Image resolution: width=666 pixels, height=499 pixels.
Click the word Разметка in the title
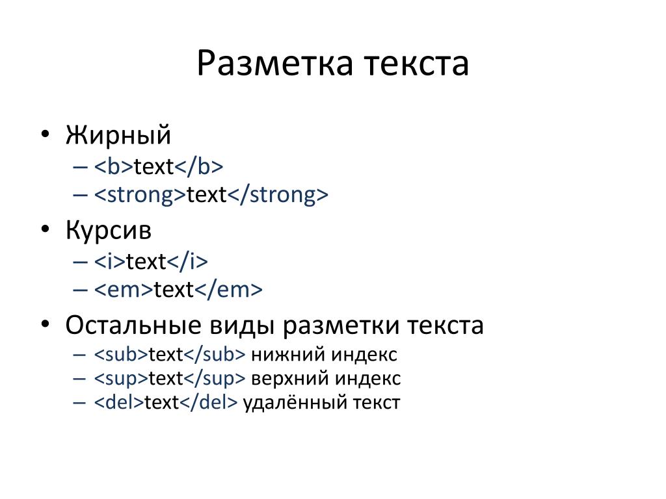click(x=275, y=64)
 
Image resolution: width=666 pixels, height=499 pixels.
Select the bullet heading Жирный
click(x=118, y=136)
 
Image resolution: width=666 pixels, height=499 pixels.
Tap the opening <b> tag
click(x=114, y=166)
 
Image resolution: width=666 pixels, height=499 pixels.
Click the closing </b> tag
click(x=199, y=166)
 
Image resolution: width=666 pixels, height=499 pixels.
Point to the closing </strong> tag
click(x=278, y=195)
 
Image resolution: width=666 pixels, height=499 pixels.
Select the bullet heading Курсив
click(x=109, y=231)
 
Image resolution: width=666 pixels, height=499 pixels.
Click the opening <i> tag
click(x=110, y=261)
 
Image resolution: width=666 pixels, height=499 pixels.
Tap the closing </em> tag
click(x=228, y=290)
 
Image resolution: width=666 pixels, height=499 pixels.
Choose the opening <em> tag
click(x=124, y=290)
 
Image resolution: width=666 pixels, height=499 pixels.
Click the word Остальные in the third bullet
click(x=133, y=326)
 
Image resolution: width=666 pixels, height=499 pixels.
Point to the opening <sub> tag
click(x=121, y=354)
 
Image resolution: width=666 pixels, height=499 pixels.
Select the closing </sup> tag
click(x=215, y=379)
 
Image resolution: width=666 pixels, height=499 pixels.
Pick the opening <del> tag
click(x=120, y=402)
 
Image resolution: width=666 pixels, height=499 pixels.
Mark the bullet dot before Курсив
click(x=45, y=229)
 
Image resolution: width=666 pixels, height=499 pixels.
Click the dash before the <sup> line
click(x=79, y=379)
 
